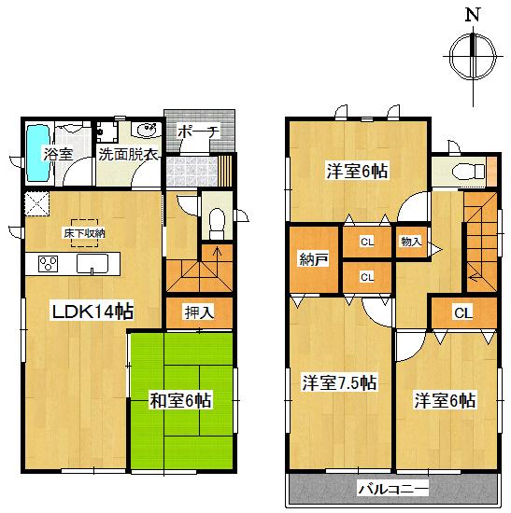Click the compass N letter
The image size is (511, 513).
pyautogui.click(x=474, y=14)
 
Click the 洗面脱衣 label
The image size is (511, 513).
pyautogui.click(x=129, y=154)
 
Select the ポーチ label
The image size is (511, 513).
pyautogui.click(x=197, y=132)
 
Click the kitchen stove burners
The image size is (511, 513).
pyautogui.click(x=47, y=265)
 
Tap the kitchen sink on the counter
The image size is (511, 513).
pyautogui.click(x=95, y=265)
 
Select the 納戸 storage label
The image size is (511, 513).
pyautogui.click(x=315, y=258)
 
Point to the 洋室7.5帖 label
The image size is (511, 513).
pyautogui.click(x=339, y=382)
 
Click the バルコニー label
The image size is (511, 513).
pyautogui.click(x=392, y=488)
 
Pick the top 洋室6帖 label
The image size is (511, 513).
pyautogui.click(x=358, y=171)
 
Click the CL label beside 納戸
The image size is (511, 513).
pyautogui.click(x=367, y=243)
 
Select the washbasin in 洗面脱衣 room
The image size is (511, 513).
pyautogui.click(x=147, y=130)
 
